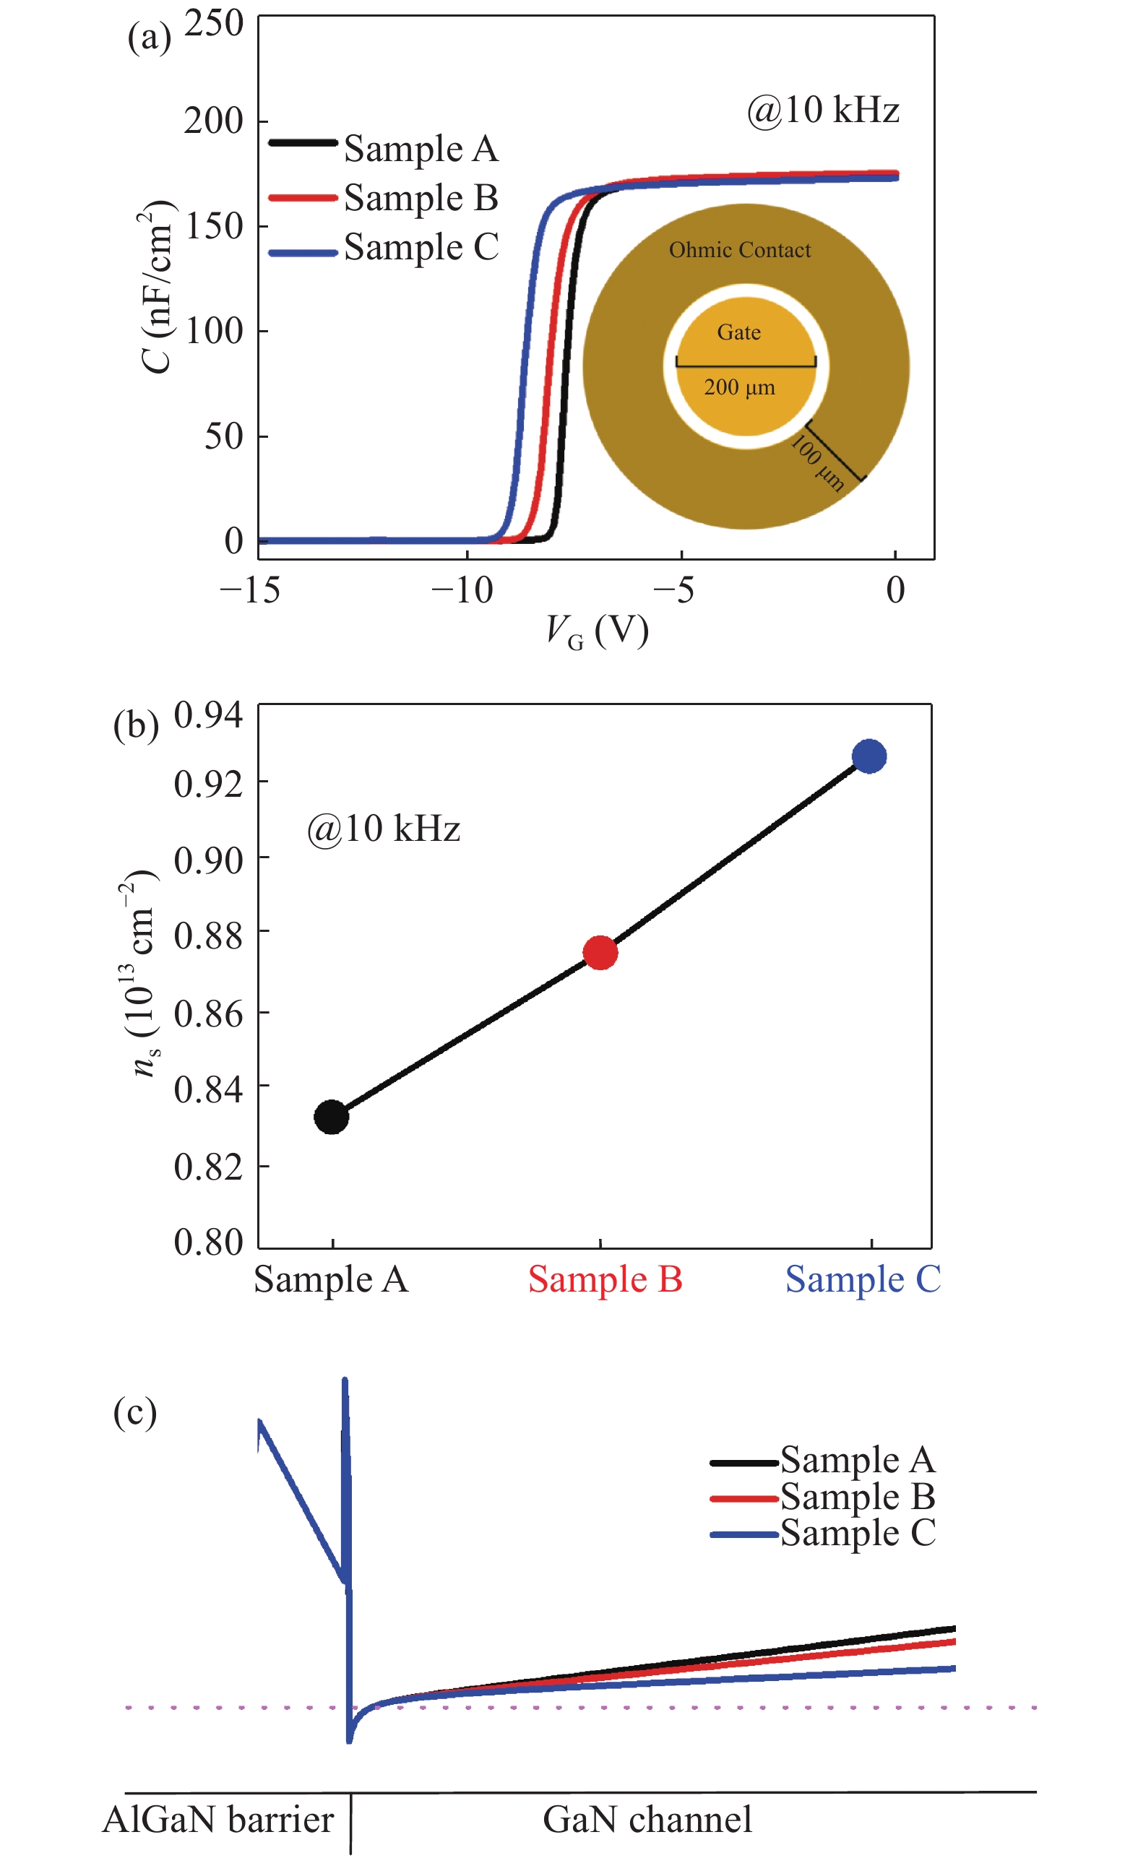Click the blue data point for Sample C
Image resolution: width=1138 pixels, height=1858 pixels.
tap(868, 756)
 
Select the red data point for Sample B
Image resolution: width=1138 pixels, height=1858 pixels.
tap(600, 953)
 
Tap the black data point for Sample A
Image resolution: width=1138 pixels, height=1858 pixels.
tap(331, 1117)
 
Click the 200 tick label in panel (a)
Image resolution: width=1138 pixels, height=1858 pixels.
tap(213, 121)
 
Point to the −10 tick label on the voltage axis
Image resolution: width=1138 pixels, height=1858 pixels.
tap(462, 590)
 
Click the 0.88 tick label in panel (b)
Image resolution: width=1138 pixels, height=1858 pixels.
tap(208, 936)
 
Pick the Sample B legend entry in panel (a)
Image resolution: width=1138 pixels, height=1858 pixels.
tap(421, 199)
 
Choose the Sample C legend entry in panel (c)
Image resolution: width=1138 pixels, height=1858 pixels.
tap(858, 1533)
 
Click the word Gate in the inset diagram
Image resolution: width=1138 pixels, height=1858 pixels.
tap(738, 332)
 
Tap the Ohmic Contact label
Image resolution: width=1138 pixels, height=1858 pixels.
tap(740, 250)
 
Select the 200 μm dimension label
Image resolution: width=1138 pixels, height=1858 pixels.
tap(739, 388)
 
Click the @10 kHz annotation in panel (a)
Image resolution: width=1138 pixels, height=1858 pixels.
tap(823, 110)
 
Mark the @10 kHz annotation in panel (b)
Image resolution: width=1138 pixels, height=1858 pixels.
tap(383, 829)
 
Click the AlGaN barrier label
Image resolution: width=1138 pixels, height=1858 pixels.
tap(218, 1820)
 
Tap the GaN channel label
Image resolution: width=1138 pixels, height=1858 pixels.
tap(647, 1820)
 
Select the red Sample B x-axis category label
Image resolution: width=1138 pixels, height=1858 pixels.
tap(605, 1279)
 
